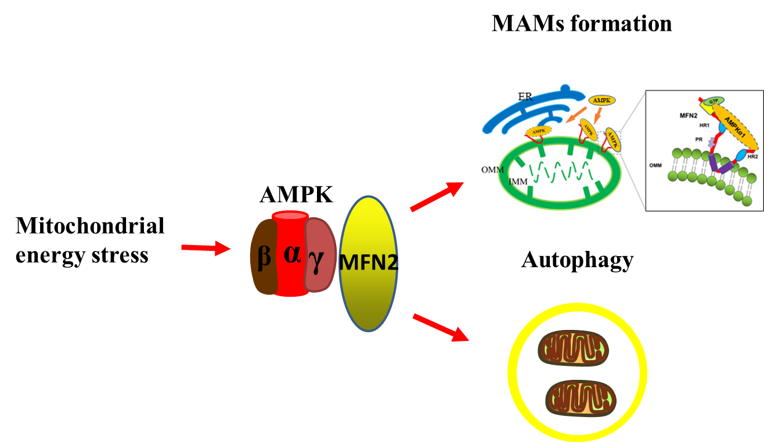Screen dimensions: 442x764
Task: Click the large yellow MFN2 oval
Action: pyautogui.click(x=368, y=263)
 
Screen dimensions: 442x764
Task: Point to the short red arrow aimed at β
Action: pyautogui.click(x=206, y=248)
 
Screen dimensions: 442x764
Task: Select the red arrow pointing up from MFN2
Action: pyautogui.click(x=437, y=196)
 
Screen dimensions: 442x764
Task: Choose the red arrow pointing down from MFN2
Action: pyautogui.click(x=439, y=327)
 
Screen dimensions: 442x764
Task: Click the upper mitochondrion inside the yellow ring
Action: pyautogui.click(x=572, y=349)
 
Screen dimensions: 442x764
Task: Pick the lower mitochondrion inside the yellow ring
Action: pyautogui.click(x=581, y=398)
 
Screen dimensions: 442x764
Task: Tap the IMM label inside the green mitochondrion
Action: pyautogui.click(x=518, y=182)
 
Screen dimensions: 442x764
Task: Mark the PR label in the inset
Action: pyautogui.click(x=698, y=139)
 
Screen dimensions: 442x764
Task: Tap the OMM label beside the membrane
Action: pyautogui.click(x=655, y=166)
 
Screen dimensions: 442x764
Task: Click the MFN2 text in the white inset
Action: pyautogui.click(x=689, y=116)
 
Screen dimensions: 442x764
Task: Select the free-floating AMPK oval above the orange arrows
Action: pyautogui.click(x=601, y=100)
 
